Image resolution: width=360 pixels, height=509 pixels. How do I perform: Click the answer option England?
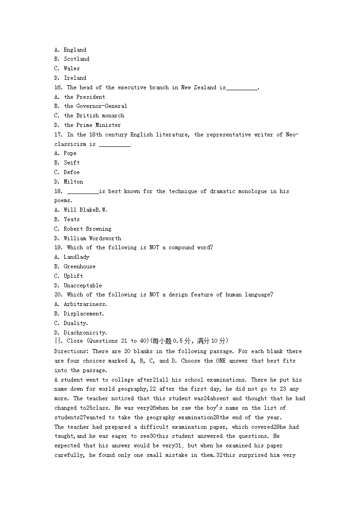tap(75, 50)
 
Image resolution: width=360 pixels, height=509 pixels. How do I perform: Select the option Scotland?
tap(77, 59)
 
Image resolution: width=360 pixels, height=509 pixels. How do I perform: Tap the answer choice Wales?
tap(72, 68)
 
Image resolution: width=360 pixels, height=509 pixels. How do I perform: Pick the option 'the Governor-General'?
tap(96, 106)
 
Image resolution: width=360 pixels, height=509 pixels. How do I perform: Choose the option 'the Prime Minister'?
tap(92, 125)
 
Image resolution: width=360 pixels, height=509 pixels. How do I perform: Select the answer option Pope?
tap(70, 153)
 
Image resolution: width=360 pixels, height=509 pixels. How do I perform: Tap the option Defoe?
tap(72, 172)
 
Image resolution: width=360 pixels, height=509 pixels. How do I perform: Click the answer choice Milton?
tap(73, 182)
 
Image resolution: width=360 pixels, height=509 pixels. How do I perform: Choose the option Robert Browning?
tap(88, 229)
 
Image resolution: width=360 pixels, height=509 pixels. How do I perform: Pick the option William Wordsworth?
tap(92, 238)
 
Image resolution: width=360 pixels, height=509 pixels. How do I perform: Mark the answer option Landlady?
tap(77, 257)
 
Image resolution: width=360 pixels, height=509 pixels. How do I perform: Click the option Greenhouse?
tap(80, 267)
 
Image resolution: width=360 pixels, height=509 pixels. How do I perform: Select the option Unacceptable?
tap(83, 286)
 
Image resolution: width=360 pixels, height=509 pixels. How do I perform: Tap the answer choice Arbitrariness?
tap(85, 304)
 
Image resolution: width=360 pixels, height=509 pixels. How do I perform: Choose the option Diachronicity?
tap(85, 333)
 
